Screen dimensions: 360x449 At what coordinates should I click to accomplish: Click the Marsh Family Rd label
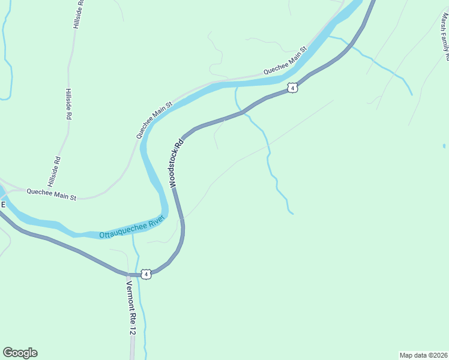(x=444, y=36)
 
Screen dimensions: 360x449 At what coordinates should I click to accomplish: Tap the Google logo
(x=20, y=353)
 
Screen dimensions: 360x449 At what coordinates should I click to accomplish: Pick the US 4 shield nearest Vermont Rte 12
(x=146, y=274)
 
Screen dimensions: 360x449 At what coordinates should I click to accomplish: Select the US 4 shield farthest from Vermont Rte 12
(x=292, y=88)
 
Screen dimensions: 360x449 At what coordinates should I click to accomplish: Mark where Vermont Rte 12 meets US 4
(x=129, y=275)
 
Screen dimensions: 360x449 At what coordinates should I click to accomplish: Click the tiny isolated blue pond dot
(x=444, y=146)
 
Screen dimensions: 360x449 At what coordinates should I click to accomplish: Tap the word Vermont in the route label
(x=130, y=293)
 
